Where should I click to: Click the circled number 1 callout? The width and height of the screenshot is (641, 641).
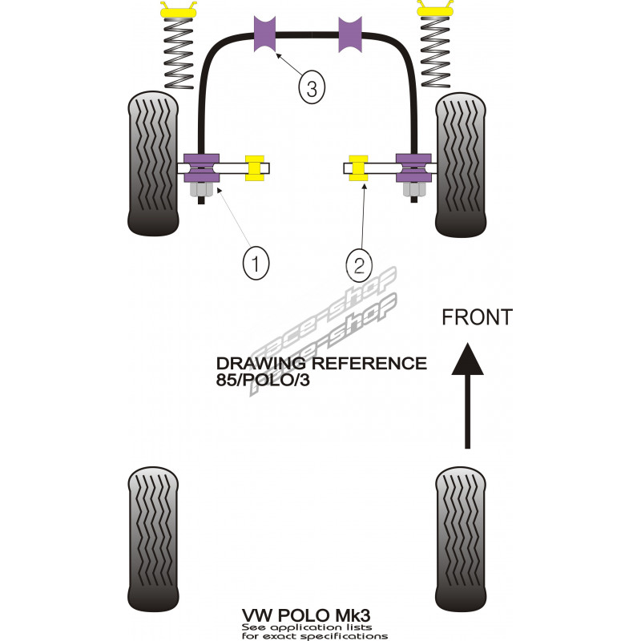pyautogui.click(x=256, y=264)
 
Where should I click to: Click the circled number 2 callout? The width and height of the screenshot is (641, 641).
pyautogui.click(x=359, y=266)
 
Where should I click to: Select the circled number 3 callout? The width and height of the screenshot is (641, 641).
pyautogui.click(x=312, y=87)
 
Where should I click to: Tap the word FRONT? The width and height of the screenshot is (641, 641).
pyautogui.click(x=477, y=317)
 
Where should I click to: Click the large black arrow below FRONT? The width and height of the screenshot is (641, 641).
pyautogui.click(x=467, y=396)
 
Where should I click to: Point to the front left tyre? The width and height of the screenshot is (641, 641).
pyautogui.click(x=153, y=163)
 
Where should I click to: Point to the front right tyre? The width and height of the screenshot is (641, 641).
pyautogui.click(x=461, y=165)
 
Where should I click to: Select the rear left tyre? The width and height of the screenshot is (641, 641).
pyautogui.click(x=153, y=539)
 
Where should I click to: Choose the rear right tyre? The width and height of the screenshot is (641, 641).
pyautogui.click(x=461, y=539)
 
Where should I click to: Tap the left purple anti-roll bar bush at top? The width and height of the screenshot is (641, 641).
pyautogui.click(x=265, y=34)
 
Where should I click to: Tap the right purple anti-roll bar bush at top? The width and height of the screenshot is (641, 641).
pyautogui.click(x=350, y=34)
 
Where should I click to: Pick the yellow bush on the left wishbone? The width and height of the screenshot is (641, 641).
pyautogui.click(x=255, y=168)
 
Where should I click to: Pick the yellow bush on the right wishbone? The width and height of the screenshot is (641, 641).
pyautogui.click(x=358, y=168)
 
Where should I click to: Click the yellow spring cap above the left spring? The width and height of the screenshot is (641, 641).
pyautogui.click(x=179, y=10)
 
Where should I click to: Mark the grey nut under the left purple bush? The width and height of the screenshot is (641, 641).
pyautogui.click(x=201, y=190)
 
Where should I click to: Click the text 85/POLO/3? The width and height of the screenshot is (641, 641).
pyautogui.click(x=263, y=380)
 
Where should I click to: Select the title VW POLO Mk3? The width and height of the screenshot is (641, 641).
pyautogui.click(x=306, y=615)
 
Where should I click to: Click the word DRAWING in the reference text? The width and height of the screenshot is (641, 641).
pyautogui.click(x=260, y=364)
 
